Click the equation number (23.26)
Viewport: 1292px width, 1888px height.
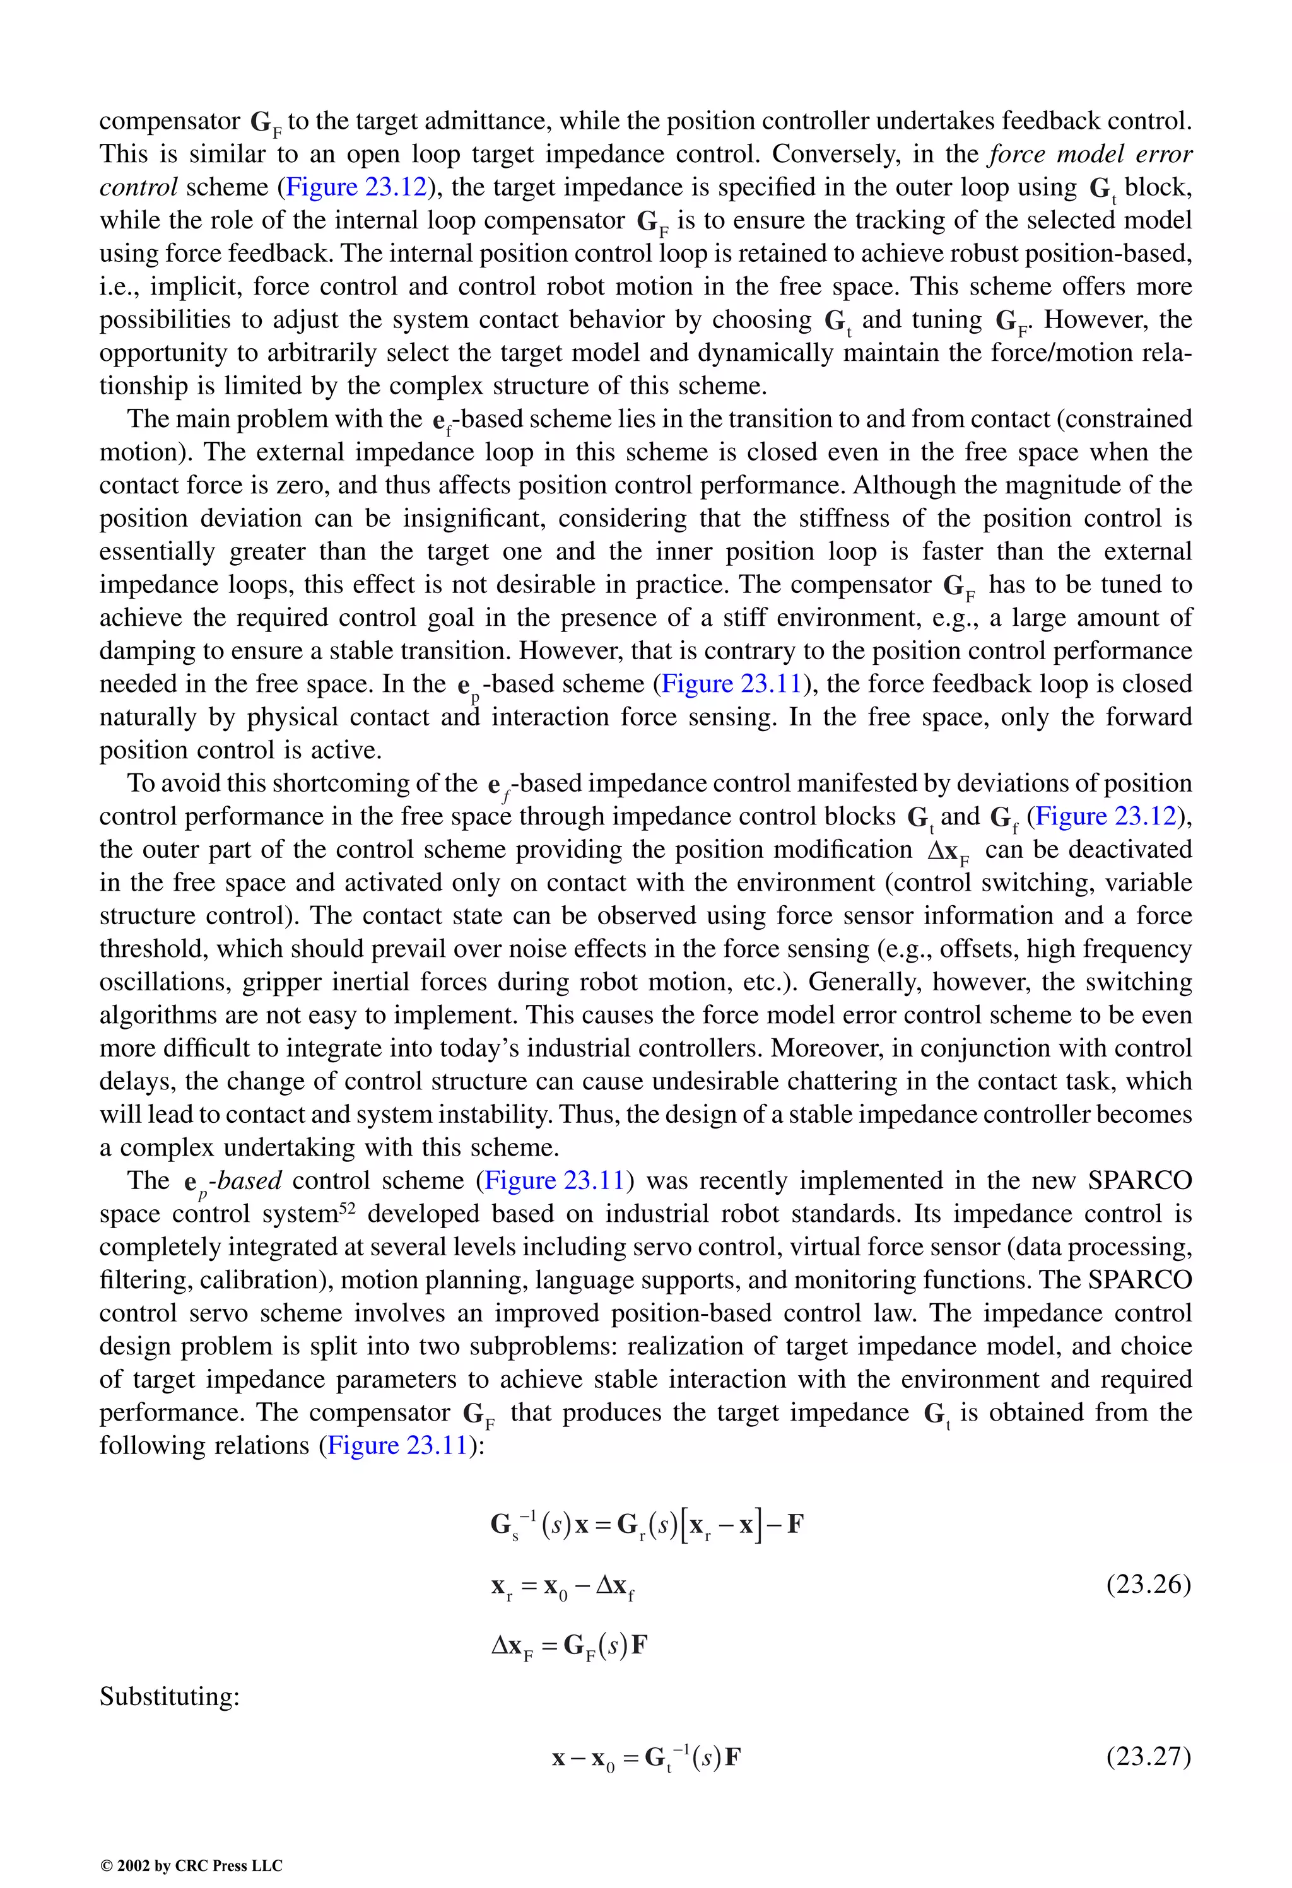point(1148,1584)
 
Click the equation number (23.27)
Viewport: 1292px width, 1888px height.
point(1148,1756)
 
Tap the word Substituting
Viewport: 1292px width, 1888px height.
point(169,1696)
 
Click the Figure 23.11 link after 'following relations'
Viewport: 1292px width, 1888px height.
point(397,1445)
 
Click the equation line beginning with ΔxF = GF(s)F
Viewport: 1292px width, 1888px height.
point(570,1646)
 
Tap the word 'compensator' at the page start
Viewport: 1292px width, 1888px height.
point(170,121)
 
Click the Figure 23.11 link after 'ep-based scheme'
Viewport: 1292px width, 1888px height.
point(731,684)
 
